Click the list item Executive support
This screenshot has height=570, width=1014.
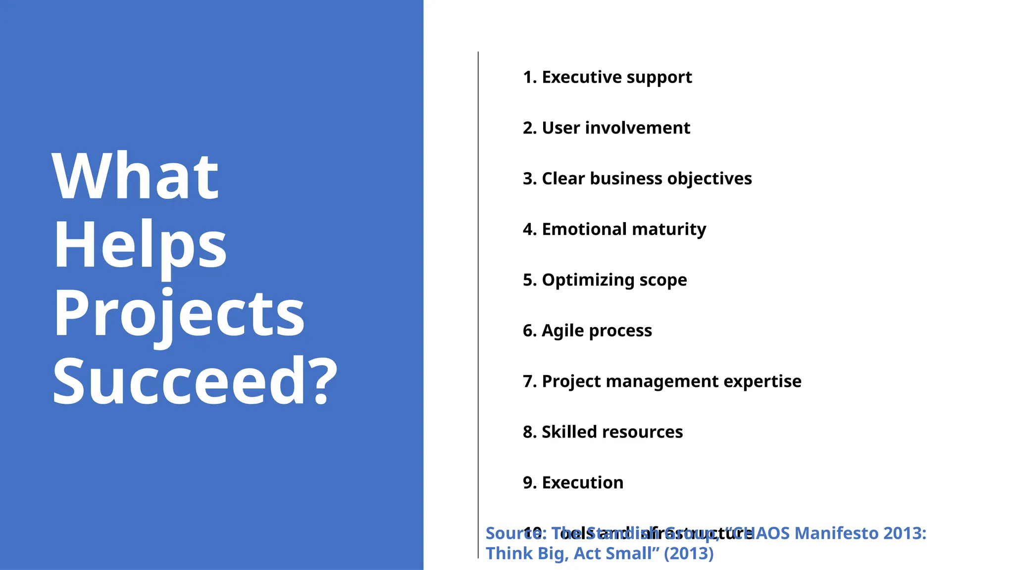pos(607,77)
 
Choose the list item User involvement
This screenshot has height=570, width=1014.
pos(606,128)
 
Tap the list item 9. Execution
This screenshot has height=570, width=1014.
pos(573,482)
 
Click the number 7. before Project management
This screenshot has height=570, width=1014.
pos(530,381)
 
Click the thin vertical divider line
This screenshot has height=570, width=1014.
pos(478,297)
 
